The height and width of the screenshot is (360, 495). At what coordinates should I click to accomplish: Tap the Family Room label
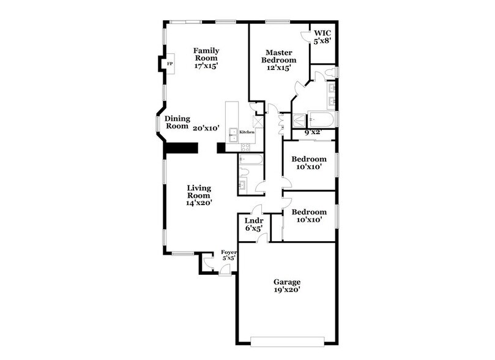click(x=206, y=54)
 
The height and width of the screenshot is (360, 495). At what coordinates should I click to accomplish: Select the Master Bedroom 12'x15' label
click(x=278, y=59)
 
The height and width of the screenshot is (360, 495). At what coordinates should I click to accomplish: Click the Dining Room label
click(x=178, y=122)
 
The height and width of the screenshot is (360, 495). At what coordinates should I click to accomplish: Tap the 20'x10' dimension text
click(x=206, y=129)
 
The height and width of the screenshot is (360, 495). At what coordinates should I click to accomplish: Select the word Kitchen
click(x=247, y=132)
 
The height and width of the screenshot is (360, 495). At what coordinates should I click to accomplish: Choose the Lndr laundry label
click(x=253, y=221)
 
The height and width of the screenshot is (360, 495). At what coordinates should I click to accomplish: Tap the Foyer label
click(x=229, y=252)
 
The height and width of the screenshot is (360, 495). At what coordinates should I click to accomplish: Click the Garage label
click(x=286, y=282)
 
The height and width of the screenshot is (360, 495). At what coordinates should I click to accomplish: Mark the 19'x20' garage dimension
click(x=286, y=291)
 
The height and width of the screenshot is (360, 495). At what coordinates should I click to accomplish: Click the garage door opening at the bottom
click(x=286, y=339)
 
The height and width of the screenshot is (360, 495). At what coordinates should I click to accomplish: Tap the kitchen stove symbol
click(x=246, y=146)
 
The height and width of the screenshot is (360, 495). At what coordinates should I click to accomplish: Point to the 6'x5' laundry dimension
click(x=253, y=230)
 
